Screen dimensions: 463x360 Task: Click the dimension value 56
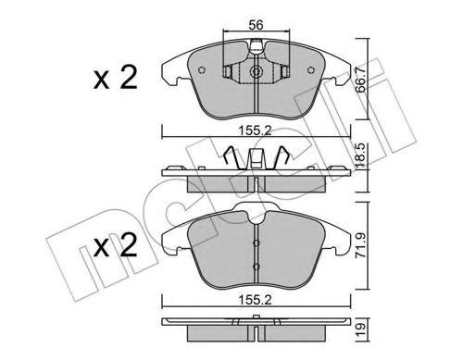tap(257, 25)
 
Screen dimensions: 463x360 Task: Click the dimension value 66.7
tap(360, 80)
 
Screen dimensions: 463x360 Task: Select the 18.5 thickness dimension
tap(360, 155)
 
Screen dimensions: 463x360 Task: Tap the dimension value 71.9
tap(360, 245)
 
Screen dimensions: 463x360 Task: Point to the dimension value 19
tap(360, 329)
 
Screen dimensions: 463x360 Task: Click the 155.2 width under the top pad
tap(256, 131)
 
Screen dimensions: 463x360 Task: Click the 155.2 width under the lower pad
tap(256, 300)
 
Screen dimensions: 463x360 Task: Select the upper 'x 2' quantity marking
tap(116, 78)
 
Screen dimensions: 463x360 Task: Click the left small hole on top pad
tap(202, 70)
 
